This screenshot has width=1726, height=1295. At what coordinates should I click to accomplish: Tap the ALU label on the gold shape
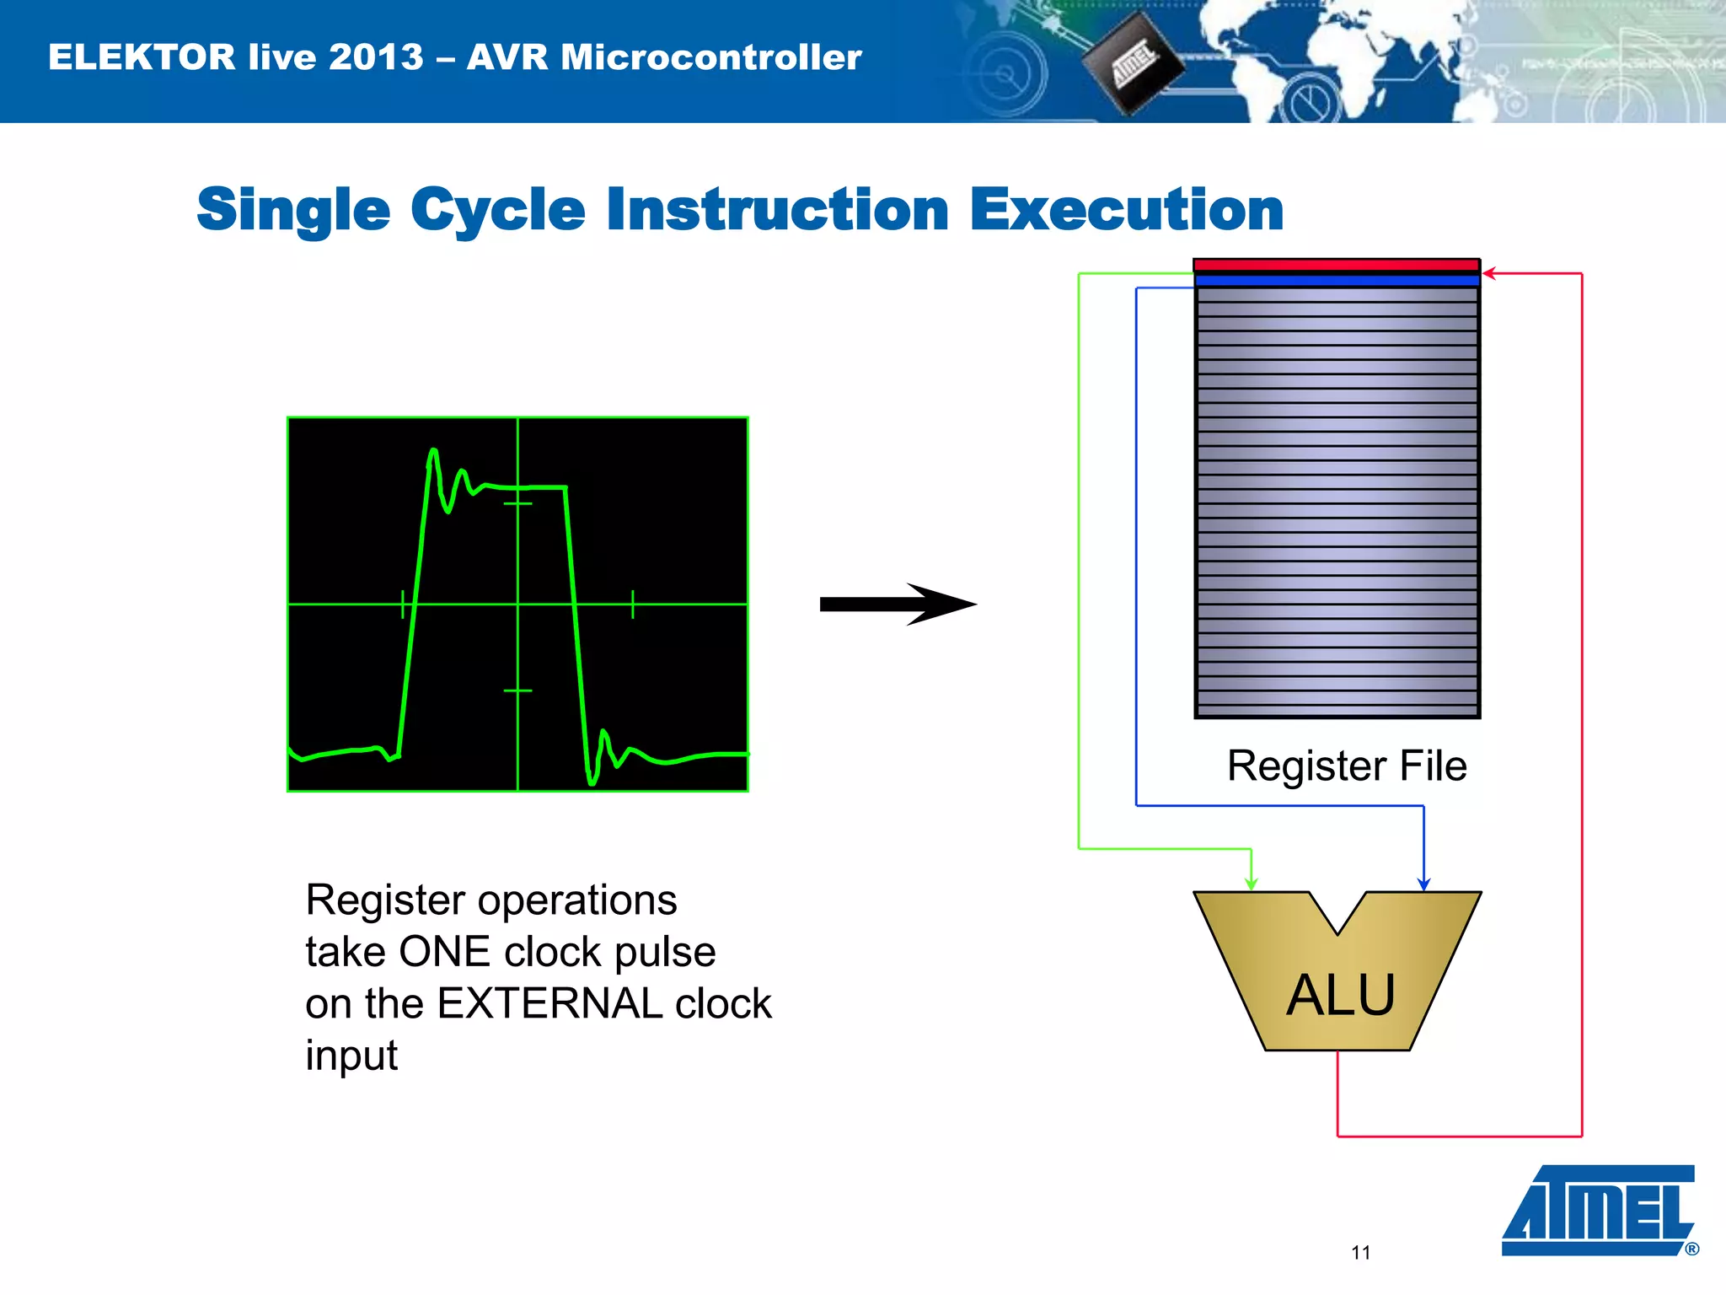coord(1340,995)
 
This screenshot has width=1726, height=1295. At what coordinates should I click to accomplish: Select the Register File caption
coord(1346,766)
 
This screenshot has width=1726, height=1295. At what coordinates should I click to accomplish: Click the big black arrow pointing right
coord(898,604)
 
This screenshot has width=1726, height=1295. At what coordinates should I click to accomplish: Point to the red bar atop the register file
coord(1337,266)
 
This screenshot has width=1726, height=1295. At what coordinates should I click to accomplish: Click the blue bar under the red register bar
coord(1337,280)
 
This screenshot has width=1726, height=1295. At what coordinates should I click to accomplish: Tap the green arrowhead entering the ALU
coord(1252,883)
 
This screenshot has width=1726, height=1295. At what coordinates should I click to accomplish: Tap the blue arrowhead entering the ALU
coord(1423,883)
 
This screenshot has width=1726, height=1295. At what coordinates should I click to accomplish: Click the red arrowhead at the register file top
coord(1489,273)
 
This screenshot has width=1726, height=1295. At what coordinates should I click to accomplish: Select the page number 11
coord(1360,1253)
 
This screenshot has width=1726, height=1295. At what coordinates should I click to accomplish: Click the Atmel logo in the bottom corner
coord(1599,1210)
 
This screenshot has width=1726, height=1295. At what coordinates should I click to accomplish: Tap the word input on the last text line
coord(351,1056)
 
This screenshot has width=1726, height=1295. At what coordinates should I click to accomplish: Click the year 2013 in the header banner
coord(376,57)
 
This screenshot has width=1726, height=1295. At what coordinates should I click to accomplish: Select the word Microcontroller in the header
coord(711,57)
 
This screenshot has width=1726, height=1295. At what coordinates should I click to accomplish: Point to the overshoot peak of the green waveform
coord(433,452)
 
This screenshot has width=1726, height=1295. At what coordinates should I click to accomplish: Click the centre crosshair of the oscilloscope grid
coord(517,604)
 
